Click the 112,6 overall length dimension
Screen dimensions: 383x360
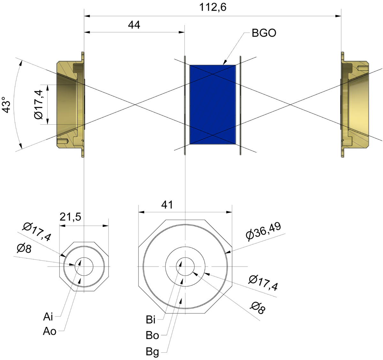tap(213, 8)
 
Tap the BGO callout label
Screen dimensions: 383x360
tap(264, 33)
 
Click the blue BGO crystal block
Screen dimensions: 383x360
tap(213, 105)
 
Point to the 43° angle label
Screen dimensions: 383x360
tap(6, 105)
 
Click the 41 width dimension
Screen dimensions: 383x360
tap(167, 205)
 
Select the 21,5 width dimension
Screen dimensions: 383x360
tap(71, 217)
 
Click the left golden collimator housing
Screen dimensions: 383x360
tap(71, 105)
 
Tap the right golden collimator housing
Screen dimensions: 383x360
tap(355, 105)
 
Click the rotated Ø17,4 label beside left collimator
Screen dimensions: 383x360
tap(38, 105)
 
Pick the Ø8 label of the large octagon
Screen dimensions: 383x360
tap(258, 308)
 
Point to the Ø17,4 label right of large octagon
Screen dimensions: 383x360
tap(263, 283)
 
